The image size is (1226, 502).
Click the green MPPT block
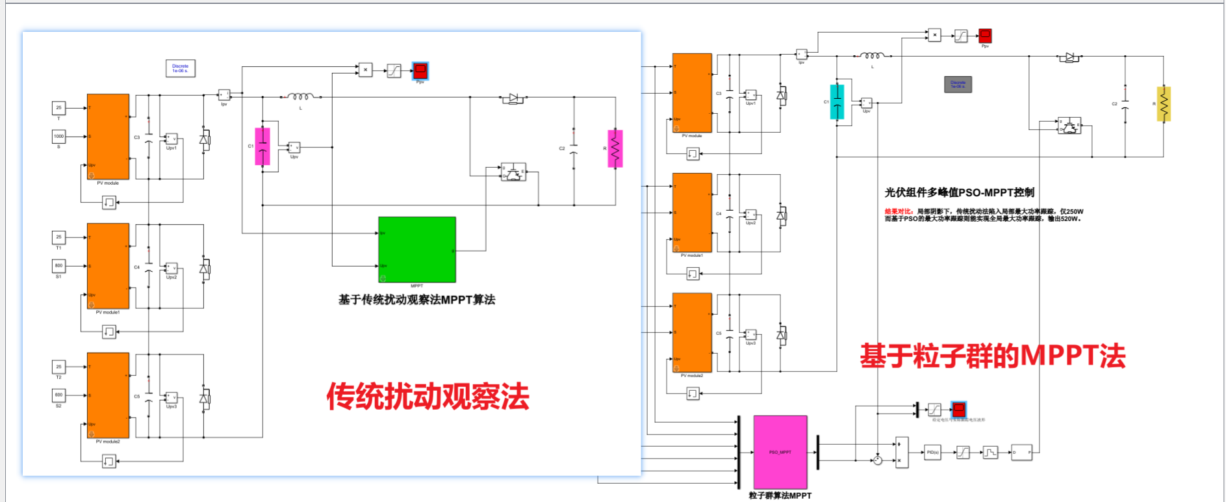coord(416,249)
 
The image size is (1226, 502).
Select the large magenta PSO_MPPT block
coord(780,452)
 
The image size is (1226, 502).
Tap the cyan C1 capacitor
coord(837,102)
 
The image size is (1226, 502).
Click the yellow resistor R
coord(1163,104)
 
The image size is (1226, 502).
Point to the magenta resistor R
coord(615,148)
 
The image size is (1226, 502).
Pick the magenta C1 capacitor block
coord(262,146)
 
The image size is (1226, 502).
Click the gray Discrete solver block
coord(958,84)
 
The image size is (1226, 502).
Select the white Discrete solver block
coord(180,68)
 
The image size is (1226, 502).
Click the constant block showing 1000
coord(58,137)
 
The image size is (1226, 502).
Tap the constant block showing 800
coord(58,265)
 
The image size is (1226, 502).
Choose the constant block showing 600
coord(58,395)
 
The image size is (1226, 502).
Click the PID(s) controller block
coord(932,452)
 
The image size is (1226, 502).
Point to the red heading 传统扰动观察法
coord(428,396)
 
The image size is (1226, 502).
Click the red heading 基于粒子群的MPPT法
coord(992,356)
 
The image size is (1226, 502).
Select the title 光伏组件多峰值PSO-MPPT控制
coord(959,192)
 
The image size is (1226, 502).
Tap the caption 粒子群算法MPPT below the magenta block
coord(780,495)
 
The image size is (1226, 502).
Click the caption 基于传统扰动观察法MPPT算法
coord(416,300)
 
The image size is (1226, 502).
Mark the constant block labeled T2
coord(58,367)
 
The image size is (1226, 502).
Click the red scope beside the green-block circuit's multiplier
coord(420,70)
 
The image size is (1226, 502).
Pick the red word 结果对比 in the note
coord(899,211)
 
